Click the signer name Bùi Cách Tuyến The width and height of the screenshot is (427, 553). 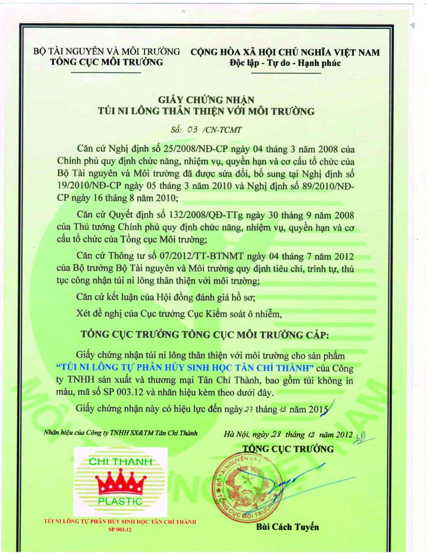tap(287, 527)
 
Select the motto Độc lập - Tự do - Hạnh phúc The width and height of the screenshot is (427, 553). tap(285, 63)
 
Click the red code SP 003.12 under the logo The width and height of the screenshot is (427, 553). tap(120, 529)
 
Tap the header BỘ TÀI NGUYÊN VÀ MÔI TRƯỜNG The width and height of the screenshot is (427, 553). tap(106, 52)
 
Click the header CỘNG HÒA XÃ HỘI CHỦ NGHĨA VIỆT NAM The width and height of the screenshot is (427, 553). tap(285, 52)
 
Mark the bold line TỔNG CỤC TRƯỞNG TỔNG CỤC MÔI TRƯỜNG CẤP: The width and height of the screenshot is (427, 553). tap(205, 335)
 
